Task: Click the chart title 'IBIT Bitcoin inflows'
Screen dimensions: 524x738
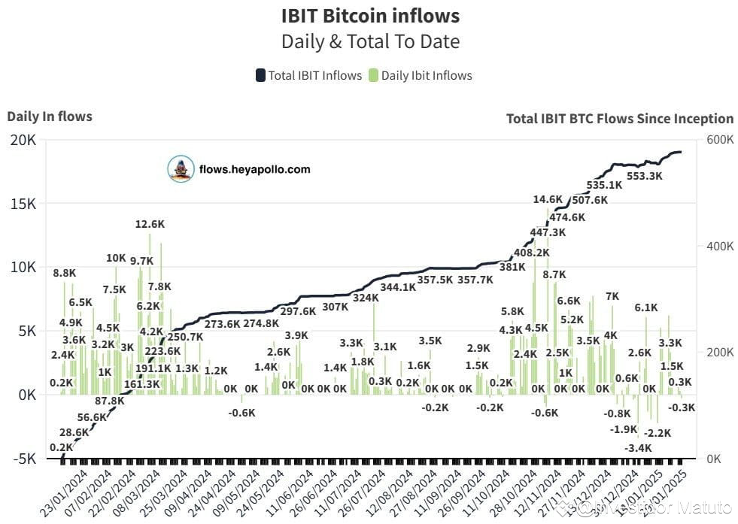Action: [x=369, y=15]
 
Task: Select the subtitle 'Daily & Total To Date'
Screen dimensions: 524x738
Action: [x=369, y=41]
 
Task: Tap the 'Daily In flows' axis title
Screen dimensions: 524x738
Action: [x=50, y=117]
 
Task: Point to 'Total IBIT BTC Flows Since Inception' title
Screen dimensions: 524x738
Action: [x=619, y=118]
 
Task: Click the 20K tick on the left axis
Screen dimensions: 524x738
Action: [x=22, y=141]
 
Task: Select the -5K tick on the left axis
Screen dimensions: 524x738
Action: [x=22, y=459]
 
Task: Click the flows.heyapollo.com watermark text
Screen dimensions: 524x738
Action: [x=254, y=169]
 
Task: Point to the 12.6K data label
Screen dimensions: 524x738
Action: [x=150, y=224]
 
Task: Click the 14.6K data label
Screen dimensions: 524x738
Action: [x=548, y=199]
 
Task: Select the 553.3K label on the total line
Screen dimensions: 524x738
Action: [x=645, y=176]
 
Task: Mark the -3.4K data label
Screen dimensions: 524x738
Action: [x=638, y=448]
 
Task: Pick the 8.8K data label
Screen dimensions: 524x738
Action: [x=65, y=273]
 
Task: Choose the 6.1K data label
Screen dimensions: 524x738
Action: [x=645, y=307]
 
